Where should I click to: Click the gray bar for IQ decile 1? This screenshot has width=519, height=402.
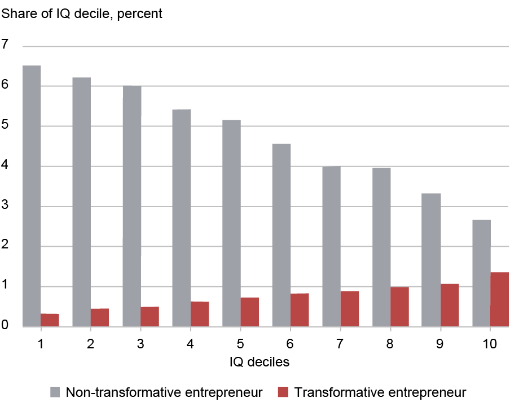pyautogui.click(x=32, y=196)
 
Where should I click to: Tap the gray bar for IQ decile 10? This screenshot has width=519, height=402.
pyautogui.click(x=481, y=273)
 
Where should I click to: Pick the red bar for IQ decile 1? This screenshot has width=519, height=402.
pyautogui.click(x=50, y=320)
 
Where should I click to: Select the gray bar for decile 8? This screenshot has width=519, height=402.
pyautogui.click(x=381, y=247)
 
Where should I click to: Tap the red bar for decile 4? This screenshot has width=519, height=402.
pyautogui.click(x=200, y=314)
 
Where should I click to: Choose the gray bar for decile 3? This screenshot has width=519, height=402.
pyautogui.click(x=131, y=206)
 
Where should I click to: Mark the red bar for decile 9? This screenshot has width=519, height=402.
pyautogui.click(x=450, y=305)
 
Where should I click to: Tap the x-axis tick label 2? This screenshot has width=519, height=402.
pyautogui.click(x=90, y=343)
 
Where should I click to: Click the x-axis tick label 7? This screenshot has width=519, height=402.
pyautogui.click(x=341, y=343)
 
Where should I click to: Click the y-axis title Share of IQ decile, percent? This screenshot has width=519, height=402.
pyautogui.click(x=82, y=14)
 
